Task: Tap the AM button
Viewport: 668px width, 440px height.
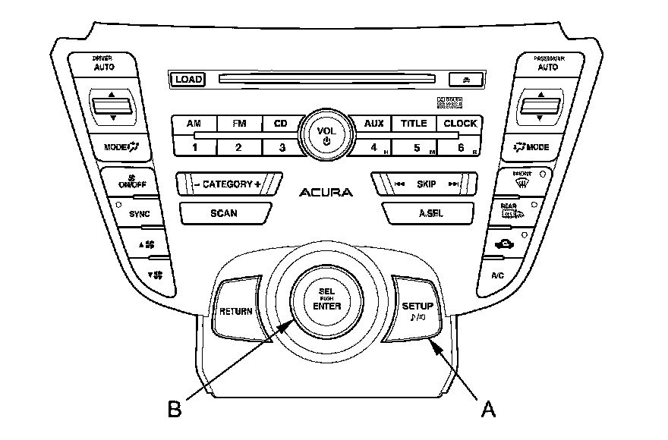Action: pyautogui.click(x=194, y=123)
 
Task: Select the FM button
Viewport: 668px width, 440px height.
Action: pyautogui.click(x=238, y=123)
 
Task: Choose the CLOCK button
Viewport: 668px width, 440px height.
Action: pyautogui.click(x=460, y=123)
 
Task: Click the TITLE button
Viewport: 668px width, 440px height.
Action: pyautogui.click(x=414, y=123)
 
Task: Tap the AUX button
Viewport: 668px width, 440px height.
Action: pyautogui.click(x=373, y=123)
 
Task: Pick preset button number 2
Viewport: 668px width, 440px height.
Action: pyautogui.click(x=238, y=146)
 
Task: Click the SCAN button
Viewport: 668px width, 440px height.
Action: pyautogui.click(x=224, y=213)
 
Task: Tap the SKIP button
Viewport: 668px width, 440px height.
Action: pyautogui.click(x=426, y=184)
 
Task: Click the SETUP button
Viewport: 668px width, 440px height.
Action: pyautogui.click(x=417, y=309)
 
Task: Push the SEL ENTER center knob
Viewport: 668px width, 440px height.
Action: pyautogui.click(x=326, y=300)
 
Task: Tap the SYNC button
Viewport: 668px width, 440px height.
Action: pyautogui.click(x=139, y=214)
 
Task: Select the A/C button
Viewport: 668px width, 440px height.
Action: pyautogui.click(x=498, y=275)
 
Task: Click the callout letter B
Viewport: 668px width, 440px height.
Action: pyautogui.click(x=175, y=409)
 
